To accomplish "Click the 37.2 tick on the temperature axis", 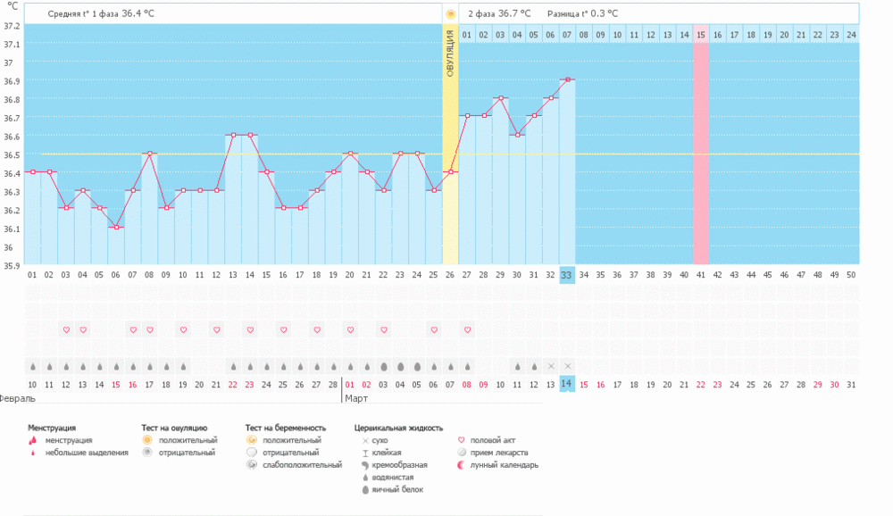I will point(12,25).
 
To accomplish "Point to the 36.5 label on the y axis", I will point(12,154).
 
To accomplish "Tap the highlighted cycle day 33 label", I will point(566,276).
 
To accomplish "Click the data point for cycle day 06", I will point(116,227).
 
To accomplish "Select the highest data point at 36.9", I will point(567,79).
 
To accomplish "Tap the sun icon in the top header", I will point(451,13).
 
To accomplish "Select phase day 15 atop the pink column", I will point(701,35).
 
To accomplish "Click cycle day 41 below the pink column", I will point(701,276).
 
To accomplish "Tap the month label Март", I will point(356,398).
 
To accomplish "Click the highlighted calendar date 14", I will point(566,384).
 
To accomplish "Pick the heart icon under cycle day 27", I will point(467,329).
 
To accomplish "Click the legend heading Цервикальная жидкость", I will point(398,428).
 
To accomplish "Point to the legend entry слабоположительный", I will point(302,464).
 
